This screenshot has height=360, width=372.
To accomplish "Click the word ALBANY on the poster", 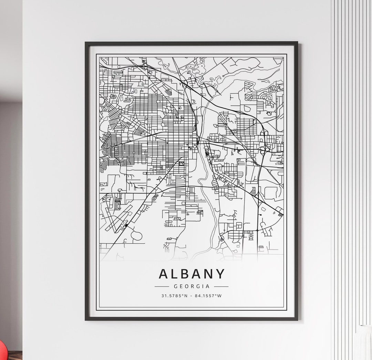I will tap(192, 274).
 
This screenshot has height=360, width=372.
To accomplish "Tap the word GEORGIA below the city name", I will tap(192, 286).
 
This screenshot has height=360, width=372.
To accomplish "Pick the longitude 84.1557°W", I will tap(208, 296).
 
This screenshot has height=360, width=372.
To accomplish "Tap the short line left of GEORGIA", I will tap(162, 286).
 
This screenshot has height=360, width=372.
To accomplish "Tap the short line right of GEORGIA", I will tap(221, 286).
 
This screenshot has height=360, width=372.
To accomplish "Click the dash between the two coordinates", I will tap(192, 296).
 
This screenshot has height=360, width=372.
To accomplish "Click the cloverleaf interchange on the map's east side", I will tap(265, 149).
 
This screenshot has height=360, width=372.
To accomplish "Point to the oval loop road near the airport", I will tap(136, 236).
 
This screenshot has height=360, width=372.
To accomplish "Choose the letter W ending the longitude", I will tap(219, 296).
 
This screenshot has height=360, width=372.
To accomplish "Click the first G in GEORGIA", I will tap(176, 286).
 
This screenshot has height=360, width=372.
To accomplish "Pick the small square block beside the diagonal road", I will tap(181, 164).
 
